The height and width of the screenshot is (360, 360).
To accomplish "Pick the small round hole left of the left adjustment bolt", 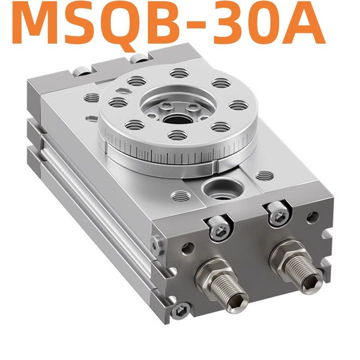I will pyautogui.click(x=187, y=246).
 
